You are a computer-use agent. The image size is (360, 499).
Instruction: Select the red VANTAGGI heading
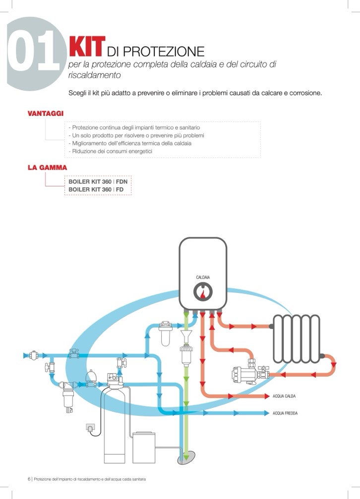pos(45,113)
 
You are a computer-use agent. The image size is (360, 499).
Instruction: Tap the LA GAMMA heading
pos(47,167)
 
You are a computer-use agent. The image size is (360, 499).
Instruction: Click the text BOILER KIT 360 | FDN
pos(98,182)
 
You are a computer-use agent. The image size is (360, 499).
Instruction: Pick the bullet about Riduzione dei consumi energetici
pos(110,151)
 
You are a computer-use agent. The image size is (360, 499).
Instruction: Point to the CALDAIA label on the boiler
pos(203,277)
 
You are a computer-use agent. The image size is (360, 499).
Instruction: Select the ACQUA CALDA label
pos(284,396)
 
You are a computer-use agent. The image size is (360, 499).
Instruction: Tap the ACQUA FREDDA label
pos(285,413)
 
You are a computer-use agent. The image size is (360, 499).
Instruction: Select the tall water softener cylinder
pos(114,424)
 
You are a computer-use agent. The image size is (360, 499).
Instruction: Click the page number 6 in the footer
pos(29,479)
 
